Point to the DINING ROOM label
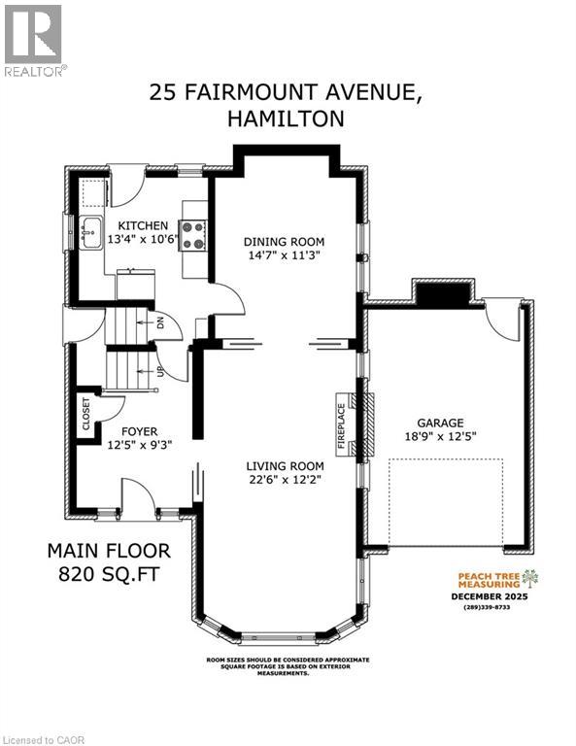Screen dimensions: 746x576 coord(284,241)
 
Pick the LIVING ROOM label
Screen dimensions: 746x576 coord(283,464)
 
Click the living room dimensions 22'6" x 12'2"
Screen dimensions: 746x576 coord(283,478)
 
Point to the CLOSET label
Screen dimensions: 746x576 coord(86,414)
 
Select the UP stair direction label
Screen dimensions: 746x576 coord(160,371)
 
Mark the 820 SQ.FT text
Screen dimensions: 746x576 coord(107,574)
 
